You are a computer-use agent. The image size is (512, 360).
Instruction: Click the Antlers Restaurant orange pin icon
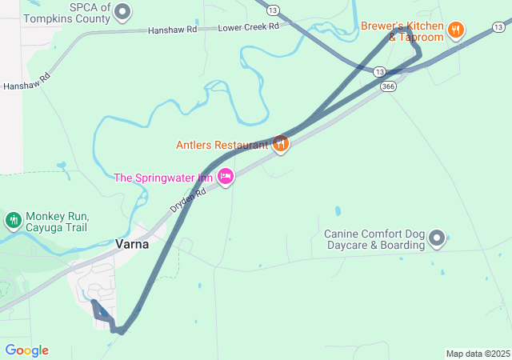(280, 144)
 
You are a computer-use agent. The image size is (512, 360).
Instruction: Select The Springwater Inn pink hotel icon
(226, 176)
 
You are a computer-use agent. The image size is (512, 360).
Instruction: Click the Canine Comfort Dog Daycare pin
(437, 238)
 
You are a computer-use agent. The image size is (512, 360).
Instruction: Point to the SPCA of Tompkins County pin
(122, 11)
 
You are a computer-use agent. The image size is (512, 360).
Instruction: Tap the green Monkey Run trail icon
(13, 220)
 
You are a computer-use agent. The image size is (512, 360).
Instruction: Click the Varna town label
(132, 244)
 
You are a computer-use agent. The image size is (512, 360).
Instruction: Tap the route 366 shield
(388, 86)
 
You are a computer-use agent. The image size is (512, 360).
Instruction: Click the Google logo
(26, 350)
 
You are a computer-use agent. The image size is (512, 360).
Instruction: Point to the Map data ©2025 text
(478, 354)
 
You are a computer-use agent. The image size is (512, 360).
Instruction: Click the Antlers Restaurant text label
(222, 145)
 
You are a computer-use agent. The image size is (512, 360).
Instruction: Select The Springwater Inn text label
(164, 177)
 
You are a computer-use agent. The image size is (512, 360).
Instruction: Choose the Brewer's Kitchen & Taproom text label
(402, 31)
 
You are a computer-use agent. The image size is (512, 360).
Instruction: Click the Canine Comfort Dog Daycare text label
(375, 239)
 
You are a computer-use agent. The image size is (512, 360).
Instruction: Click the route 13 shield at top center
(274, 10)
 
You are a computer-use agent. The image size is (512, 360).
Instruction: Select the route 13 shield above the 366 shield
(379, 71)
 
